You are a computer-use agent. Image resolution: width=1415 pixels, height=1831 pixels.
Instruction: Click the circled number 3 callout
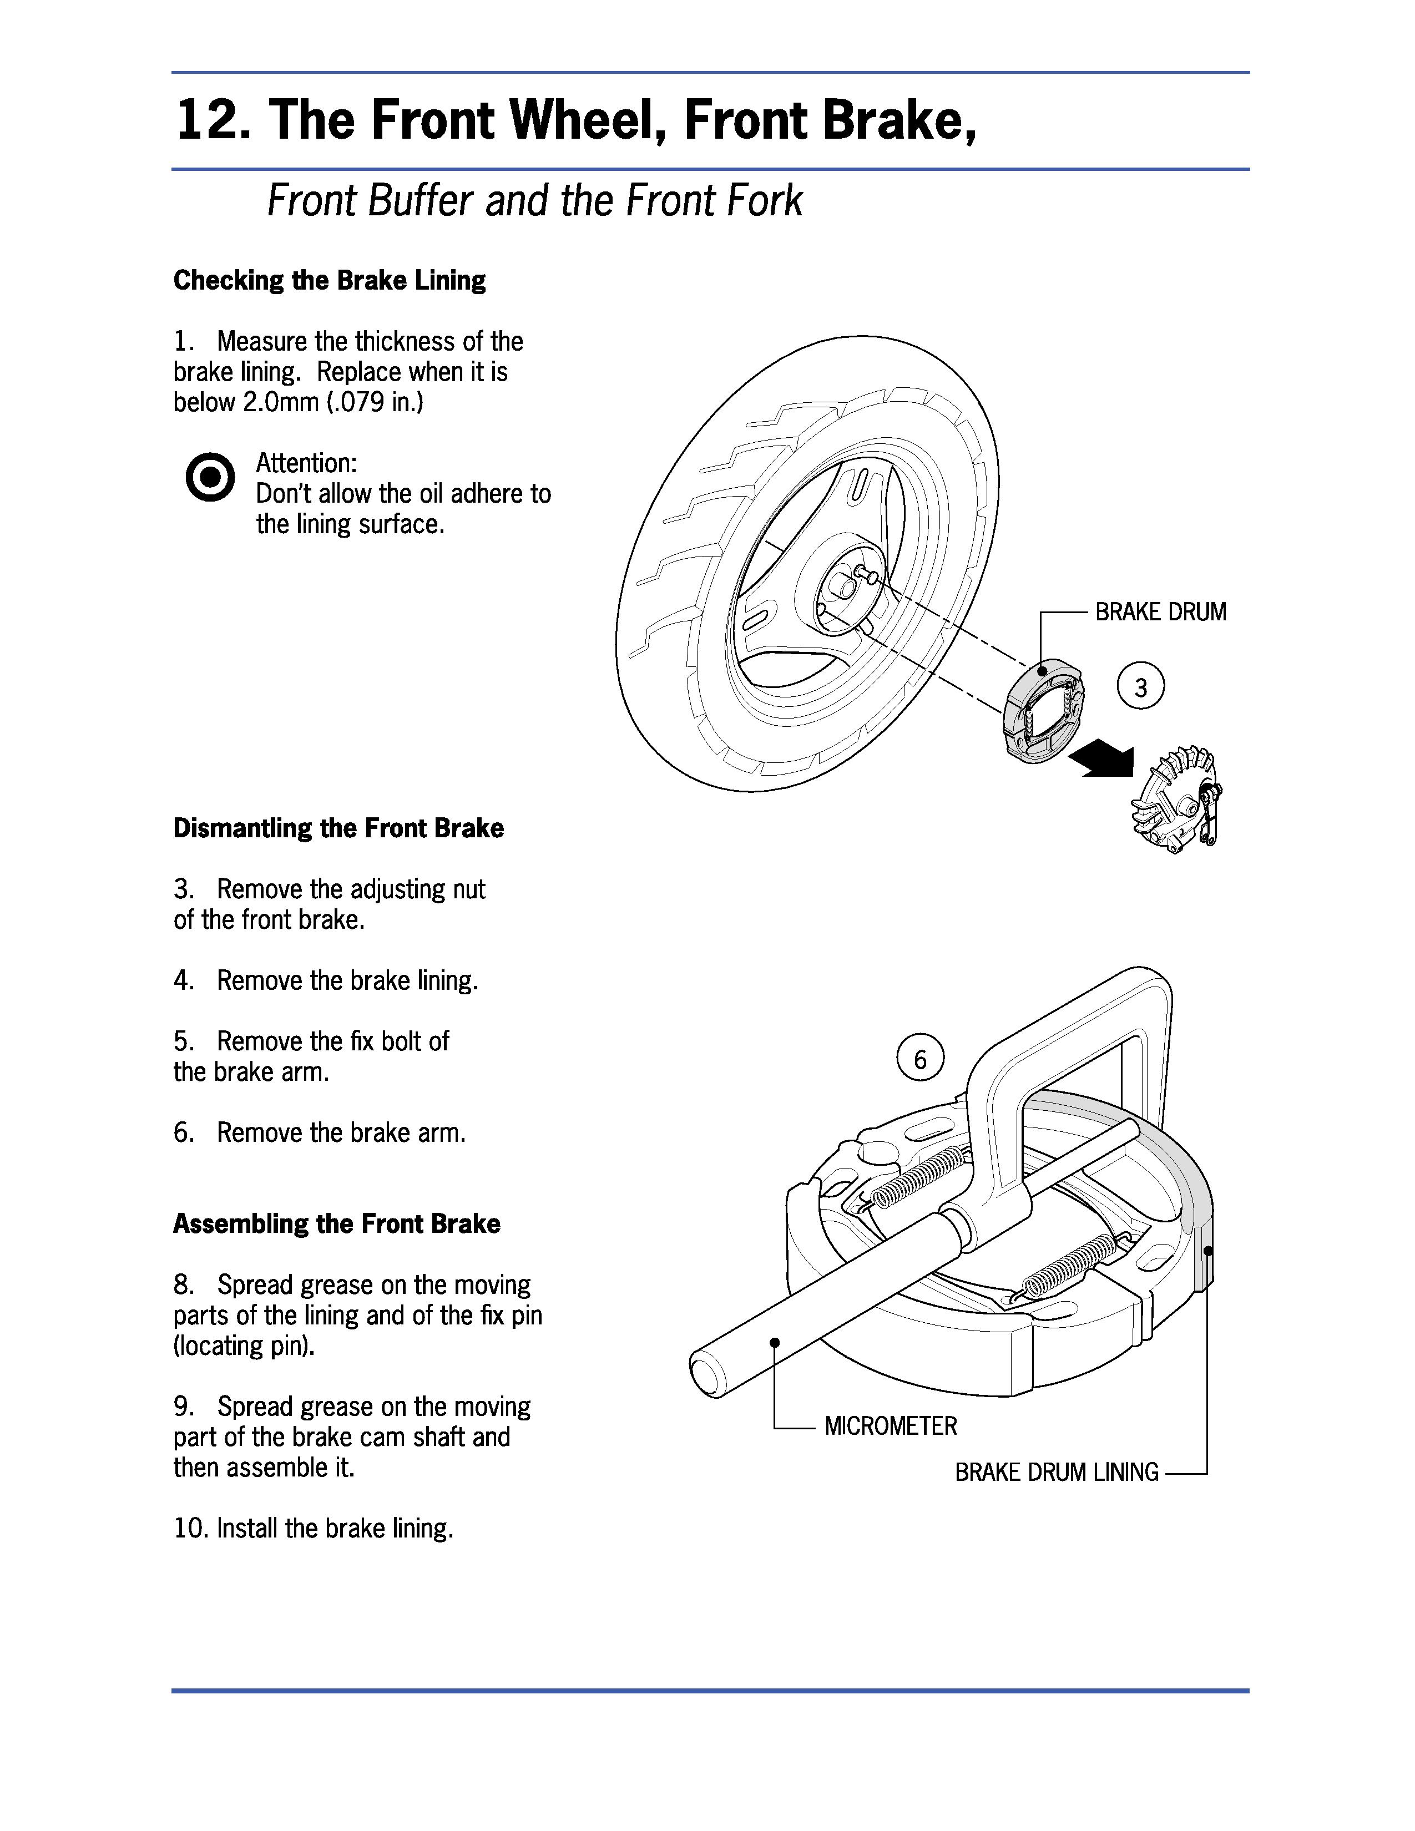1141,687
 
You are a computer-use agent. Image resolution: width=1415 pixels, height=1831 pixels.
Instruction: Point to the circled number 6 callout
919,1060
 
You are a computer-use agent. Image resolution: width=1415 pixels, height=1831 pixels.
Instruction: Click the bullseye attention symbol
210,478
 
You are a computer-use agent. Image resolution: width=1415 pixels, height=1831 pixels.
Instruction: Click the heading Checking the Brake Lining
330,280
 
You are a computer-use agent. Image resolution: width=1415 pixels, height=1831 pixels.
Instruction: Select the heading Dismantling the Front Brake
338,828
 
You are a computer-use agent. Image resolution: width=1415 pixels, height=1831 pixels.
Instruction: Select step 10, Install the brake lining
314,1529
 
